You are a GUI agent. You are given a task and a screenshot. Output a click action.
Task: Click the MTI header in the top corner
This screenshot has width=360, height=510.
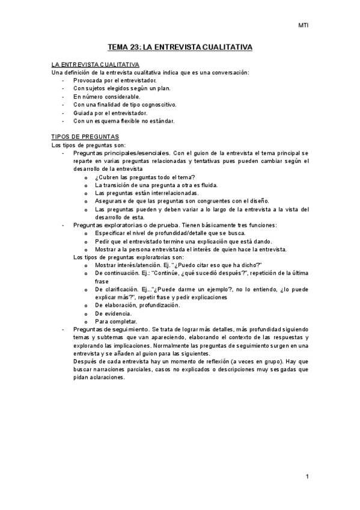304,26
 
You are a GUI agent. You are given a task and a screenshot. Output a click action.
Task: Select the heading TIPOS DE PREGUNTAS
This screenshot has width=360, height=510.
85,137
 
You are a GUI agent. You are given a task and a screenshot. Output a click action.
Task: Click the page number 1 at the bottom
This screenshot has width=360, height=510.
307,477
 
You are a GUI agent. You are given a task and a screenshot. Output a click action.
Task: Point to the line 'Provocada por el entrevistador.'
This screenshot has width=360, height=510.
115,80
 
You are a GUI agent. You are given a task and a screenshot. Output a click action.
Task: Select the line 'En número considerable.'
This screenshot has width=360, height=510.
107,96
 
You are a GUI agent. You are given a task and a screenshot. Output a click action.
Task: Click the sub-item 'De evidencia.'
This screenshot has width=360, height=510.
113,313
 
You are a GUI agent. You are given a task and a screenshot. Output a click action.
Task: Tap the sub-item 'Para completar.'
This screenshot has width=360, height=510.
116,321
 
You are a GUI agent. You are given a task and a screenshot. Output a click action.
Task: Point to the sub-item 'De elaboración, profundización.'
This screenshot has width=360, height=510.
137,305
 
